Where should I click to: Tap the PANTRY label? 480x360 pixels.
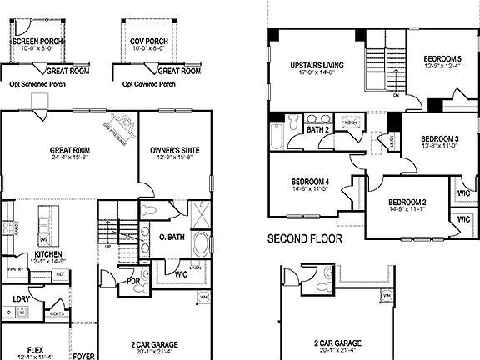[x=15, y=270]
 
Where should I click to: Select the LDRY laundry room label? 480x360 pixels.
[x=22, y=297]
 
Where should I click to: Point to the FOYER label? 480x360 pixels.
[x=83, y=355]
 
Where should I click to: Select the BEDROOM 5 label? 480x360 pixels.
[x=442, y=58]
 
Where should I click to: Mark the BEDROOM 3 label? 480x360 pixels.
[x=439, y=138]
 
